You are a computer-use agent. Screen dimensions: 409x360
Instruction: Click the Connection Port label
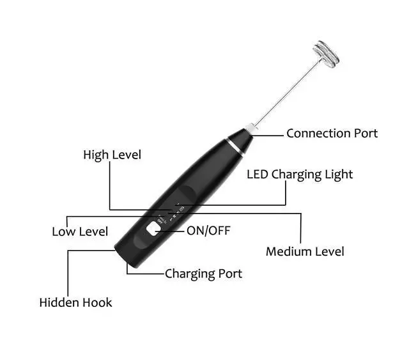(x=332, y=134)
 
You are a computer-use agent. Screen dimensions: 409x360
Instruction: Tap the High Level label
(x=112, y=155)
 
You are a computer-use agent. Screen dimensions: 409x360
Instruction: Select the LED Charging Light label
(x=300, y=174)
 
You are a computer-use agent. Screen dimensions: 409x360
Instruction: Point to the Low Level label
(x=80, y=231)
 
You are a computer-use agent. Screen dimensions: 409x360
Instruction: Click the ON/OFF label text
(x=208, y=231)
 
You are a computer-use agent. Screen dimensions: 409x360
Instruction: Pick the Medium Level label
(x=305, y=251)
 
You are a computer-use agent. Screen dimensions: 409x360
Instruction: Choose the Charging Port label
(x=203, y=274)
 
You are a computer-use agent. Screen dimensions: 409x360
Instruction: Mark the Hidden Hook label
(x=75, y=302)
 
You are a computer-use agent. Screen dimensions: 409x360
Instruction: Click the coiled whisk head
(x=326, y=54)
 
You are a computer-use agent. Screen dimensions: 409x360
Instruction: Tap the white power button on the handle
(x=152, y=230)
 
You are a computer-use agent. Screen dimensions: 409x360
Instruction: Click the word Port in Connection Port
(x=365, y=134)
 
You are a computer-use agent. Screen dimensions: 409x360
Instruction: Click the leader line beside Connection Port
(x=269, y=134)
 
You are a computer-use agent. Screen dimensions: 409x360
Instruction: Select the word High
(x=96, y=155)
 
